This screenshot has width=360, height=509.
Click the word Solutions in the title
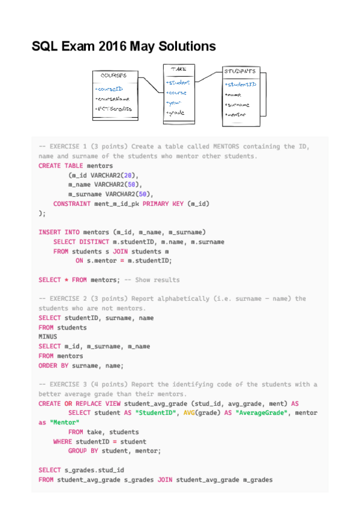click(x=182, y=46)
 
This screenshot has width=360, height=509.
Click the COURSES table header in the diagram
click(x=113, y=76)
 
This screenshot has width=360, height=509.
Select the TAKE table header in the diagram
click(x=178, y=69)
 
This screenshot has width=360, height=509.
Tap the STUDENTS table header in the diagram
click(x=240, y=71)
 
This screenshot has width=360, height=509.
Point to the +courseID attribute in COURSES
click(x=109, y=89)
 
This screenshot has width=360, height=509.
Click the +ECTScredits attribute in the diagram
click(x=113, y=109)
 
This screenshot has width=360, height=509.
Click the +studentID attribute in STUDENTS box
click(x=241, y=85)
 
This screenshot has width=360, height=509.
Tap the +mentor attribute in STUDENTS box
click(x=235, y=114)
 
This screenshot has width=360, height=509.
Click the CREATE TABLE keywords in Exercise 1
click(x=61, y=166)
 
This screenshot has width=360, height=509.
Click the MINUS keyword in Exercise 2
click(x=47, y=337)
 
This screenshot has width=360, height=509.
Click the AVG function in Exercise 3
click(x=182, y=413)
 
